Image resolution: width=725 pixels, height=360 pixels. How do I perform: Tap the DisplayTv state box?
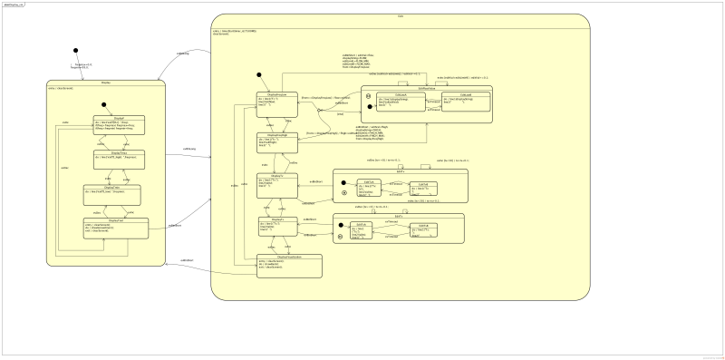(x=276, y=185)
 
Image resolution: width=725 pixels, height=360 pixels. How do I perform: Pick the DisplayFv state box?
(x=276, y=225)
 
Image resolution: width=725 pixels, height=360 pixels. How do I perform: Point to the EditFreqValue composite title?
(x=412, y=87)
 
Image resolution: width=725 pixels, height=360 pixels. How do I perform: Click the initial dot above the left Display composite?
(x=75, y=51)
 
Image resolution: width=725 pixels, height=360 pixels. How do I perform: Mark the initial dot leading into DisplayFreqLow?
(x=258, y=74)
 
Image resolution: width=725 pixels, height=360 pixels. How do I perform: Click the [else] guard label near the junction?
(x=340, y=115)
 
